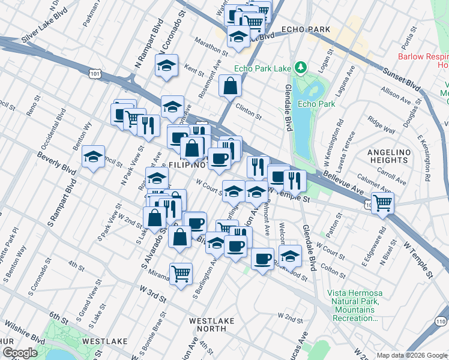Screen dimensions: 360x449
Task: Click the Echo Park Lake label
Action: [x=264, y=68]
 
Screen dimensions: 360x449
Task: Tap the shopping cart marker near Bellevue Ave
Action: [x=382, y=202]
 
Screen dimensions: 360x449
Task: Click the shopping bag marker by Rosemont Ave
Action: [x=230, y=86]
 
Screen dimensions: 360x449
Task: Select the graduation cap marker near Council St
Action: [x=93, y=157]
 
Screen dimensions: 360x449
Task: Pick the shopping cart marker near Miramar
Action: [x=181, y=274]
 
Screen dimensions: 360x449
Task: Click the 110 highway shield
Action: [x=441, y=322]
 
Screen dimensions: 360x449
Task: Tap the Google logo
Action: [x=20, y=353]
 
